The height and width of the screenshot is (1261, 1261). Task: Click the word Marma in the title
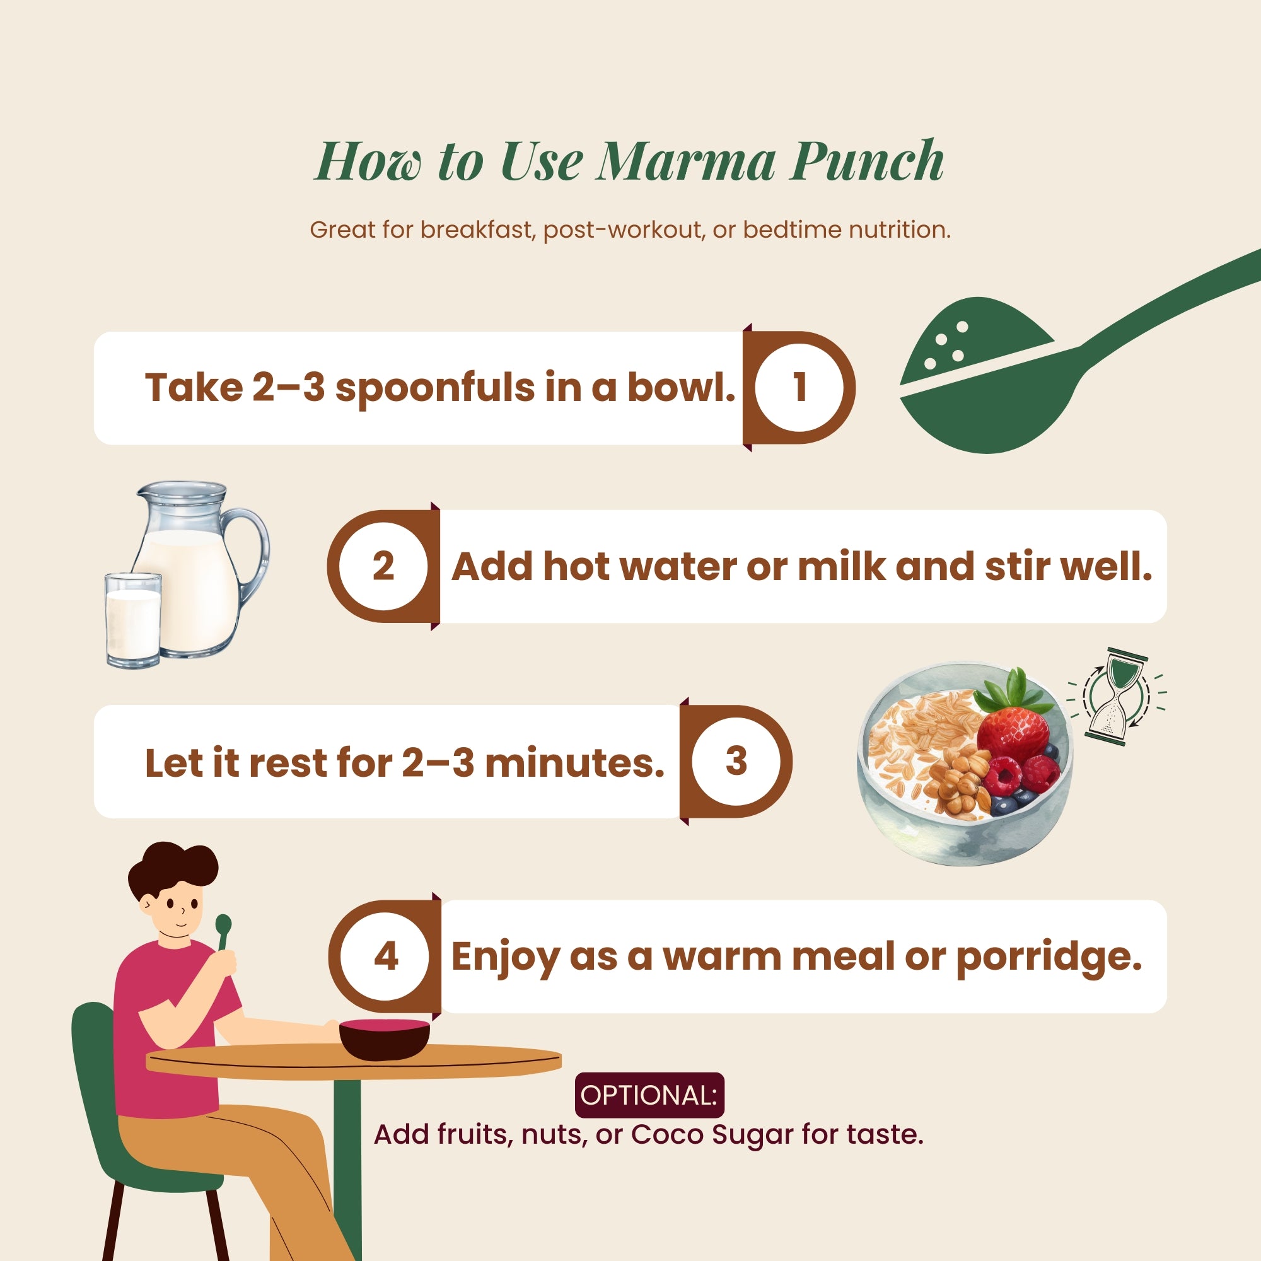[x=685, y=161]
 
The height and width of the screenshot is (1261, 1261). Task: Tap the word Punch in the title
[x=866, y=161]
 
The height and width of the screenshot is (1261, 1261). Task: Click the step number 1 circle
[x=799, y=387]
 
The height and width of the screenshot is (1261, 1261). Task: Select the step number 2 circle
[x=384, y=566]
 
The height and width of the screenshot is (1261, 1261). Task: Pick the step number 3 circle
[x=736, y=761]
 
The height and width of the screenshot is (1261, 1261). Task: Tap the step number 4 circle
[x=386, y=957]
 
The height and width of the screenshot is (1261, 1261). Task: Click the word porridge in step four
[x=1049, y=958]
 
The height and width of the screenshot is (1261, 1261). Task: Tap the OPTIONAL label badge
[x=649, y=1095]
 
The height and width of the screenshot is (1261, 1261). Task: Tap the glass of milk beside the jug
[x=133, y=620]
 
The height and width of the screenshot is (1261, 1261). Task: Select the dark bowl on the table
[x=385, y=1038]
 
